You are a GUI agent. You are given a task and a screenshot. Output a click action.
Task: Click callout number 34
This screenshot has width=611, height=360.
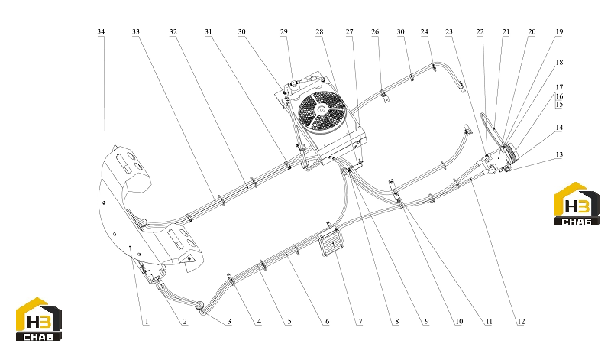(101, 31)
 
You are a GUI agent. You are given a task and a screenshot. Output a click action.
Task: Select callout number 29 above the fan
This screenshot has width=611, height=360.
(283, 31)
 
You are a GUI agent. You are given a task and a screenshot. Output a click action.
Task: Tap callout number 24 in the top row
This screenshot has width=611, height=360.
(425, 31)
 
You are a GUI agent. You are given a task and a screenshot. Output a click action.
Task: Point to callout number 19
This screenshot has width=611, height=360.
(559, 31)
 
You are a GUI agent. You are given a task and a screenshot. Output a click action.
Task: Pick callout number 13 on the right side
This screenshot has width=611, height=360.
(559, 155)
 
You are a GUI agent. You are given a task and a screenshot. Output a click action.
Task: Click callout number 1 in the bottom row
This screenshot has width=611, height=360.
(147, 322)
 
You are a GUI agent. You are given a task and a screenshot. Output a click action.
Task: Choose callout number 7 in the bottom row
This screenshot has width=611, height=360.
(360, 322)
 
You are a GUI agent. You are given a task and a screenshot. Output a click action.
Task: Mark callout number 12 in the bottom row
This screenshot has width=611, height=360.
(521, 322)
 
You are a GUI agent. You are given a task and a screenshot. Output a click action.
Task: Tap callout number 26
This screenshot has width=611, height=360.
(375, 31)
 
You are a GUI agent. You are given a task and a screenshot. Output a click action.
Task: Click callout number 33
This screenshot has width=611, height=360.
(136, 31)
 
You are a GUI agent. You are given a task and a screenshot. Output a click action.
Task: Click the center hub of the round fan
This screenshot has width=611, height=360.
(321, 110)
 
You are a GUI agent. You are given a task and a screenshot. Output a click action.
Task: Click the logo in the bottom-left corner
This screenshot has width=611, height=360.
(39, 319)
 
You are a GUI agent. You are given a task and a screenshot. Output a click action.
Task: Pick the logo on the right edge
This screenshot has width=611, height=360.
(577, 204)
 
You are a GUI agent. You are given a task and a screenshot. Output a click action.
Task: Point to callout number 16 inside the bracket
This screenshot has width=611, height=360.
(559, 96)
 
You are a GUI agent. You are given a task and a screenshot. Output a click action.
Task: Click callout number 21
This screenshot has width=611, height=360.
(506, 31)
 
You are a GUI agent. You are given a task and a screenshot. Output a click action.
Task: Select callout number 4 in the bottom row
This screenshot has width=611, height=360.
(259, 322)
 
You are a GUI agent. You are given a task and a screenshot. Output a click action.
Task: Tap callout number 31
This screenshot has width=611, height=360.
(209, 31)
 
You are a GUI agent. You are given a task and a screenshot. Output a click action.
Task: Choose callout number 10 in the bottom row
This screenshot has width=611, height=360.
(459, 322)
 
